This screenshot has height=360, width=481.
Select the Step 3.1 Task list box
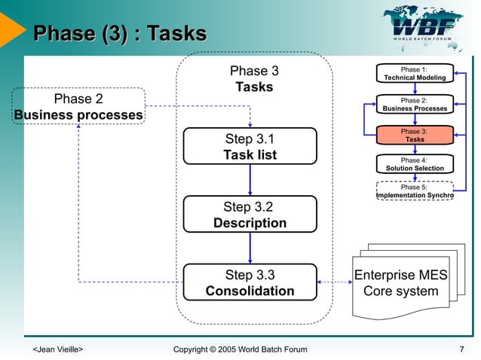[250, 147]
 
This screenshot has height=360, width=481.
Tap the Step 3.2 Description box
[250, 215]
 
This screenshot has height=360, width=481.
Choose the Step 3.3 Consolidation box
[250, 282]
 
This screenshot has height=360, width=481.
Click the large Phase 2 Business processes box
[78, 106]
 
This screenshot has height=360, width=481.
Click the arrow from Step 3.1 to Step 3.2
[250, 181]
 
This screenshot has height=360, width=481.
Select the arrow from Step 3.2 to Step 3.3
[250, 249]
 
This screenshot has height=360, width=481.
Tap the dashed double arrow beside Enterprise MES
[335, 282]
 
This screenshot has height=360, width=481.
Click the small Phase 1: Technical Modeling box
[415, 73]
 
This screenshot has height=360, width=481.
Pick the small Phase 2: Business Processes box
[415, 104]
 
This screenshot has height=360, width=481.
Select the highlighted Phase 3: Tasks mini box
[415, 135]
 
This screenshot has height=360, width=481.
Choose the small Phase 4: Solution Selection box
[415, 164]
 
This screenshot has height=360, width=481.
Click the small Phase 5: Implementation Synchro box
[415, 191]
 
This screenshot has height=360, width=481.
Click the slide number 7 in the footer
[461, 349]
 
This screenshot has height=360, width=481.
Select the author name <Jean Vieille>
[57, 349]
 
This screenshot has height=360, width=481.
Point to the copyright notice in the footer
[240, 349]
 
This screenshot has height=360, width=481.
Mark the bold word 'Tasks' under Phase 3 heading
[254, 87]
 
